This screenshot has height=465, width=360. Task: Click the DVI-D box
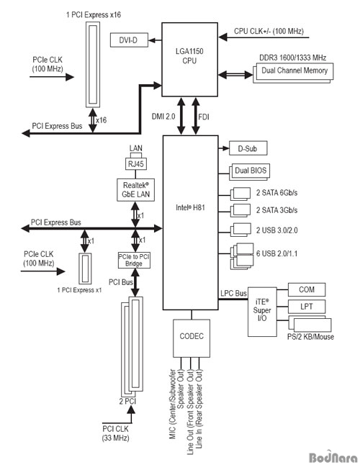tap(129, 40)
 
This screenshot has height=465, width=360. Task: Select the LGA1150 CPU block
tap(190, 60)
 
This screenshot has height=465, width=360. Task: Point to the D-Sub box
tap(248, 148)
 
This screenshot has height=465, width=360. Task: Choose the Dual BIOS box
tap(250, 171)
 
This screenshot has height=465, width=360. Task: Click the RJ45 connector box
tap(136, 163)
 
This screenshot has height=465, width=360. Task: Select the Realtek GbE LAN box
tap(136, 190)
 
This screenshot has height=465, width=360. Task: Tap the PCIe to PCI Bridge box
tap(134, 260)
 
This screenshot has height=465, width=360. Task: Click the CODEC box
tap(192, 338)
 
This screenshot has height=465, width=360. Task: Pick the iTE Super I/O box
tap(262, 312)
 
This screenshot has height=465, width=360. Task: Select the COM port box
tap(307, 289)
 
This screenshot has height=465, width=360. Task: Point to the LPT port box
tap(307, 307)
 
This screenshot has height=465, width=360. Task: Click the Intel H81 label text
tap(190, 207)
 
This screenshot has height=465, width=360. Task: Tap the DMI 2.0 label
tap(163, 117)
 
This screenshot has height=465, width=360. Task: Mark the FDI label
tap(204, 117)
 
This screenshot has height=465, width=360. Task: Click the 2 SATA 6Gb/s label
tap(276, 193)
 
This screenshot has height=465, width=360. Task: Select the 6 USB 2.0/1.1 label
tap(276, 253)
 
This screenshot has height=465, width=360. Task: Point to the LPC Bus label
tap(233, 293)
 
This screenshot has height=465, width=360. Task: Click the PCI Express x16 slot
tap(93, 65)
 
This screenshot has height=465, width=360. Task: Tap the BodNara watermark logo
tap(333, 457)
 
